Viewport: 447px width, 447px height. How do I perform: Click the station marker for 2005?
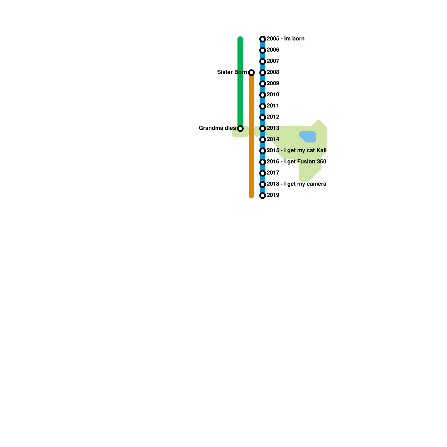point(263,39)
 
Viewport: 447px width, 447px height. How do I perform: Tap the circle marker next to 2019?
point(263,196)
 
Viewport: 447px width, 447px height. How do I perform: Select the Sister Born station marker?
point(251,73)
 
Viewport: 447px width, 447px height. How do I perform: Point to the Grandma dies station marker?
point(240,129)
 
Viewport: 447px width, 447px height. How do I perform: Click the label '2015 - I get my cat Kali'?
point(296,151)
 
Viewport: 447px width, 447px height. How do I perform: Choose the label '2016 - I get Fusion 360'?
point(296,162)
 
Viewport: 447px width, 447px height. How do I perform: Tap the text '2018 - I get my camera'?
point(296,184)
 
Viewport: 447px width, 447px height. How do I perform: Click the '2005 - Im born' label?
point(286,39)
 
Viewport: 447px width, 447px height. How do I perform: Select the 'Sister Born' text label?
point(232,72)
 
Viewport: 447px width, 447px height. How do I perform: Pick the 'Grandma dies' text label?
point(217,128)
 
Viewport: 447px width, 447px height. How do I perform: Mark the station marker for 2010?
point(263,95)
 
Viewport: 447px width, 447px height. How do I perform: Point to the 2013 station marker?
point(263,129)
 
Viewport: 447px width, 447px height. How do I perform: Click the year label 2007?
point(273,61)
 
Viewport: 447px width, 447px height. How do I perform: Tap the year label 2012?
point(273,117)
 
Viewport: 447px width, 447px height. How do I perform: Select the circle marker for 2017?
point(263,173)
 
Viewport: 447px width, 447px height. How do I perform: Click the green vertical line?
point(240,84)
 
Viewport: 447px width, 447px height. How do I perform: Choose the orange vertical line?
point(251,140)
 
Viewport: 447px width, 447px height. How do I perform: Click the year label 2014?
point(273,139)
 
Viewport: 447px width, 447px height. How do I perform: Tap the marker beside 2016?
point(263,162)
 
